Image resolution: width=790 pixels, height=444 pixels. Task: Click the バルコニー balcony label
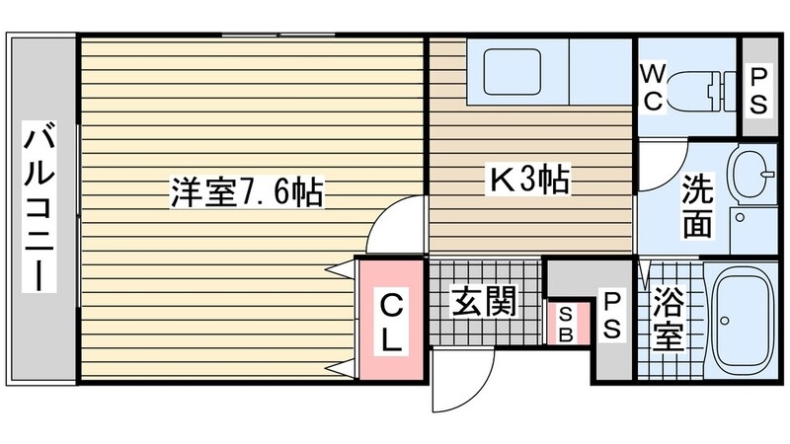pyautogui.click(x=40, y=206)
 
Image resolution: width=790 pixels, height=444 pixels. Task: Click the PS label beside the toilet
pyautogui.click(x=758, y=90)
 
